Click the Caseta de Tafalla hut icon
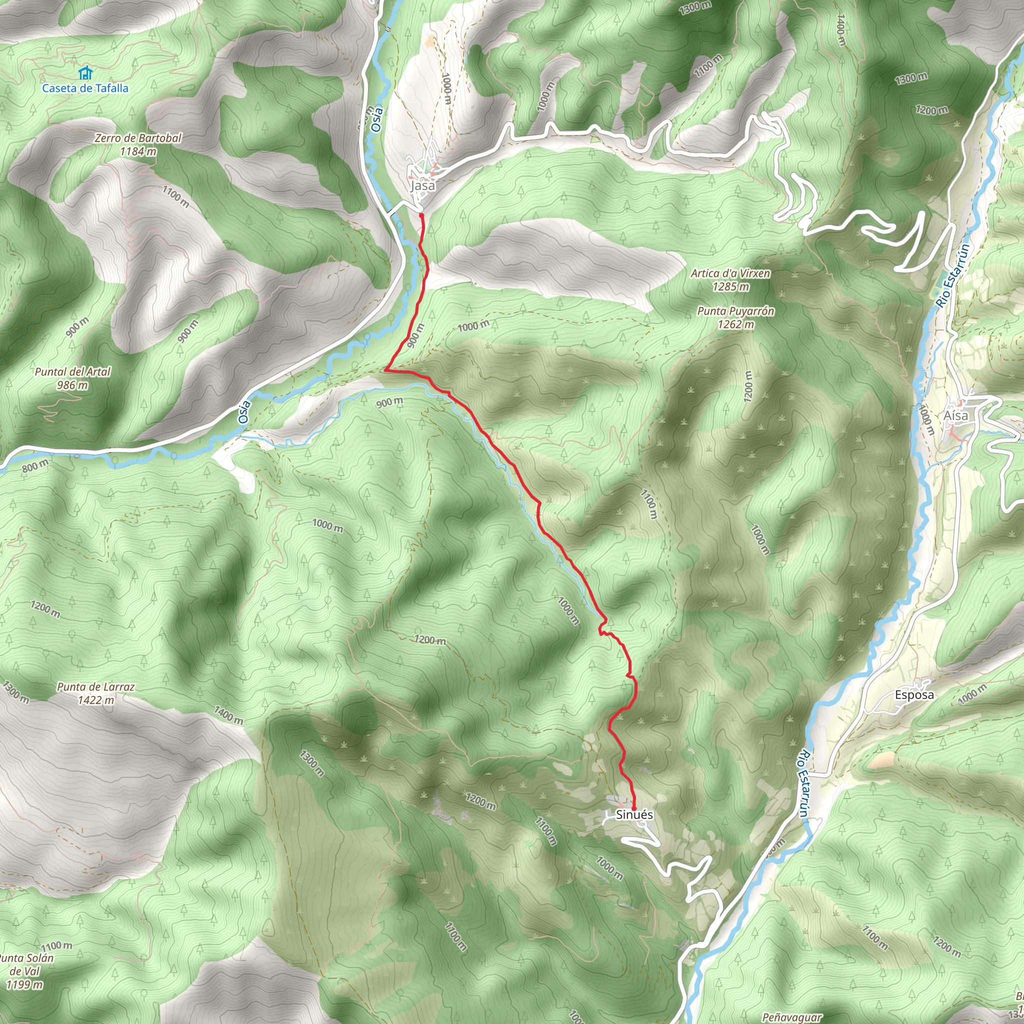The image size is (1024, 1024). tap(85, 72)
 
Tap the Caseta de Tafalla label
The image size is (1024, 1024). tap(85, 88)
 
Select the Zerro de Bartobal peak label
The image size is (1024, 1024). tap(138, 138)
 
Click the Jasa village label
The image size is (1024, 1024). tap(422, 185)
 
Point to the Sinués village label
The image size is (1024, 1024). tap(634, 814)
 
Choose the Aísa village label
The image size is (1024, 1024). tap(955, 415)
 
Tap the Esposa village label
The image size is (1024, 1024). tap(914, 695)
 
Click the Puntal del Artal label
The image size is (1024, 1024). tap(72, 371)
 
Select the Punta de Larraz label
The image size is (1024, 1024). tap(96, 687)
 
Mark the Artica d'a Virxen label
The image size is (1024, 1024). tap(730, 273)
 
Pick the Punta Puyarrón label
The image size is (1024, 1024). tap(735, 311)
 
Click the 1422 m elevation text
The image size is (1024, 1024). tap(96, 700)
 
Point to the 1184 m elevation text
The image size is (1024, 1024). tap(138, 151)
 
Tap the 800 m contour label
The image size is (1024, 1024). tap(35, 465)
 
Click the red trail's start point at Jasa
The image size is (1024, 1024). tap(421, 214)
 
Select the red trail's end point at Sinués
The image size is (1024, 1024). tap(634, 809)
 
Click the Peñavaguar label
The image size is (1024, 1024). tap(792, 1017)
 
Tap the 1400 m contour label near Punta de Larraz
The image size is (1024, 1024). tap(229, 715)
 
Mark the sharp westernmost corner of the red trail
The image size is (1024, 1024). tap(385, 370)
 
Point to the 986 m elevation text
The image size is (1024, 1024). tap(72, 385)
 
